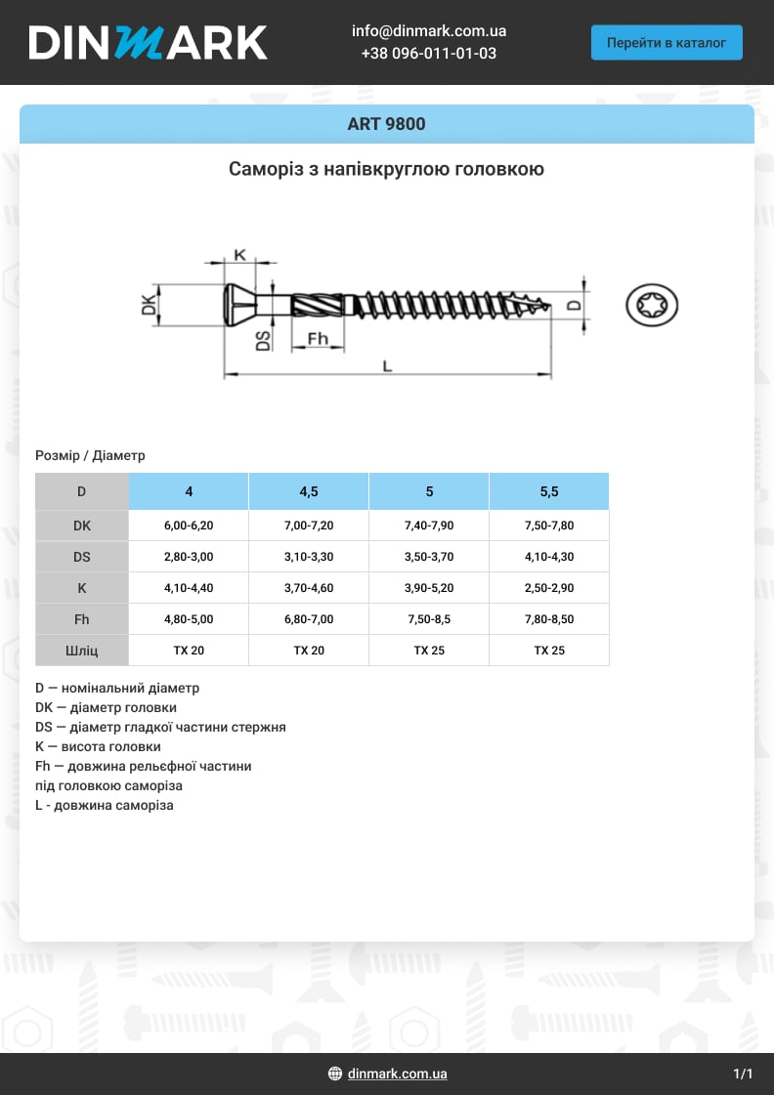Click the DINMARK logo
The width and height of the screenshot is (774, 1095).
coord(148,42)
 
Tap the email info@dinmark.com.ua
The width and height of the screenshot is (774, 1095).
coord(428,31)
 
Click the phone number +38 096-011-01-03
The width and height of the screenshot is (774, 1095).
coord(428,54)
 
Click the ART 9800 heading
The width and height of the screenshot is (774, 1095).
coord(386,124)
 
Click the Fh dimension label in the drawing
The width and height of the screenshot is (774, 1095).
coord(319,339)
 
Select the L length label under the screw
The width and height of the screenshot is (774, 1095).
coord(387,366)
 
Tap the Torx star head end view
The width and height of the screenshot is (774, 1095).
coord(652,305)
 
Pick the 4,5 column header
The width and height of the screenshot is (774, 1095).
coord(309,491)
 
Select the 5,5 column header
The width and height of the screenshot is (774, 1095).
coord(549,491)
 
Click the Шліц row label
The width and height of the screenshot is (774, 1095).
coord(82,651)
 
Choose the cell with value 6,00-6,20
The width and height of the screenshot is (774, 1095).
coord(189,526)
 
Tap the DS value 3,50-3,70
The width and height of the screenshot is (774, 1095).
coord(429,557)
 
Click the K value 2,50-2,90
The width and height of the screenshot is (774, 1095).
coord(549,588)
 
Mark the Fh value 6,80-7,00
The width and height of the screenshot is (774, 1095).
coord(309,619)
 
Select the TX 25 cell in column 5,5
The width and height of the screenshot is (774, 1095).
coord(549,651)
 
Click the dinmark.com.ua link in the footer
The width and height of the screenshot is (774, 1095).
coord(397,1074)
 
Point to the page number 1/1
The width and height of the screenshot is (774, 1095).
coord(743,1074)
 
